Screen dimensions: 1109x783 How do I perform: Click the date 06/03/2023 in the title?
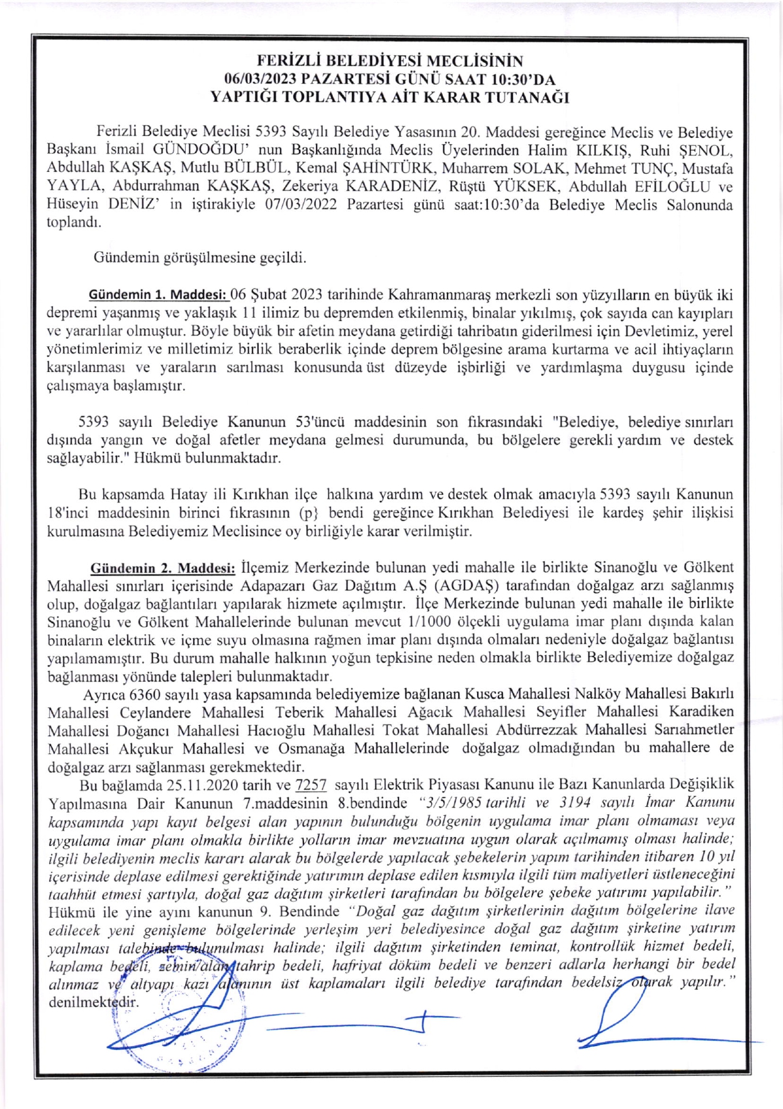point(261,79)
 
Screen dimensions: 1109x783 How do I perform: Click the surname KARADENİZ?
point(396,187)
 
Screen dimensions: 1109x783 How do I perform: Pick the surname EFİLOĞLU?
point(663,187)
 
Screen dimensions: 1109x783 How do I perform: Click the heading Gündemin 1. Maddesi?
point(157,295)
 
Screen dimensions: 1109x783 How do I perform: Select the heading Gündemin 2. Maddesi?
point(163,568)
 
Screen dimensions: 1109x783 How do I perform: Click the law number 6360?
point(145,694)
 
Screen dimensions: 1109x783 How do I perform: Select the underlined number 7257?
point(311,785)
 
